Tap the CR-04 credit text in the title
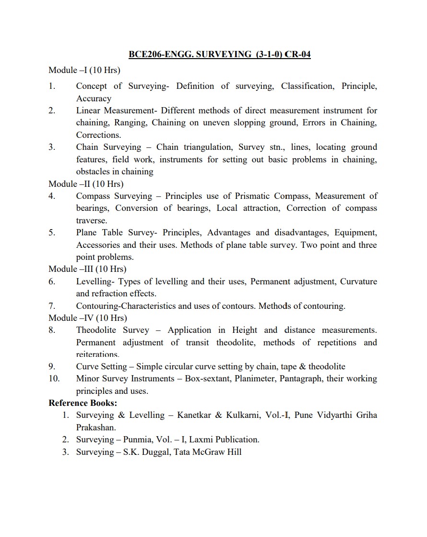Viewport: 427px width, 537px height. [298, 54]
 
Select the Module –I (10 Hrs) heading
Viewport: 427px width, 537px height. [84, 70]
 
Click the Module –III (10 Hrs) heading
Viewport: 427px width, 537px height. [87, 269]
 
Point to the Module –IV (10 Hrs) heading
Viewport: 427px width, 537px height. [88, 318]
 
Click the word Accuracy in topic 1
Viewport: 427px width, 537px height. [94, 98]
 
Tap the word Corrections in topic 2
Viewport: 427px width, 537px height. [98, 135]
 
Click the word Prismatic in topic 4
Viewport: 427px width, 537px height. [253, 196]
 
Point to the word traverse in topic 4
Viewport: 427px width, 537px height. [92, 220]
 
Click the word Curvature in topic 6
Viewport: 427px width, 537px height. [358, 281]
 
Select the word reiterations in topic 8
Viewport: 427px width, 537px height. [97, 354]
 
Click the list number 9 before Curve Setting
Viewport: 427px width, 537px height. [52, 366]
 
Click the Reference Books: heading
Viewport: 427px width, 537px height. [83, 403]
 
